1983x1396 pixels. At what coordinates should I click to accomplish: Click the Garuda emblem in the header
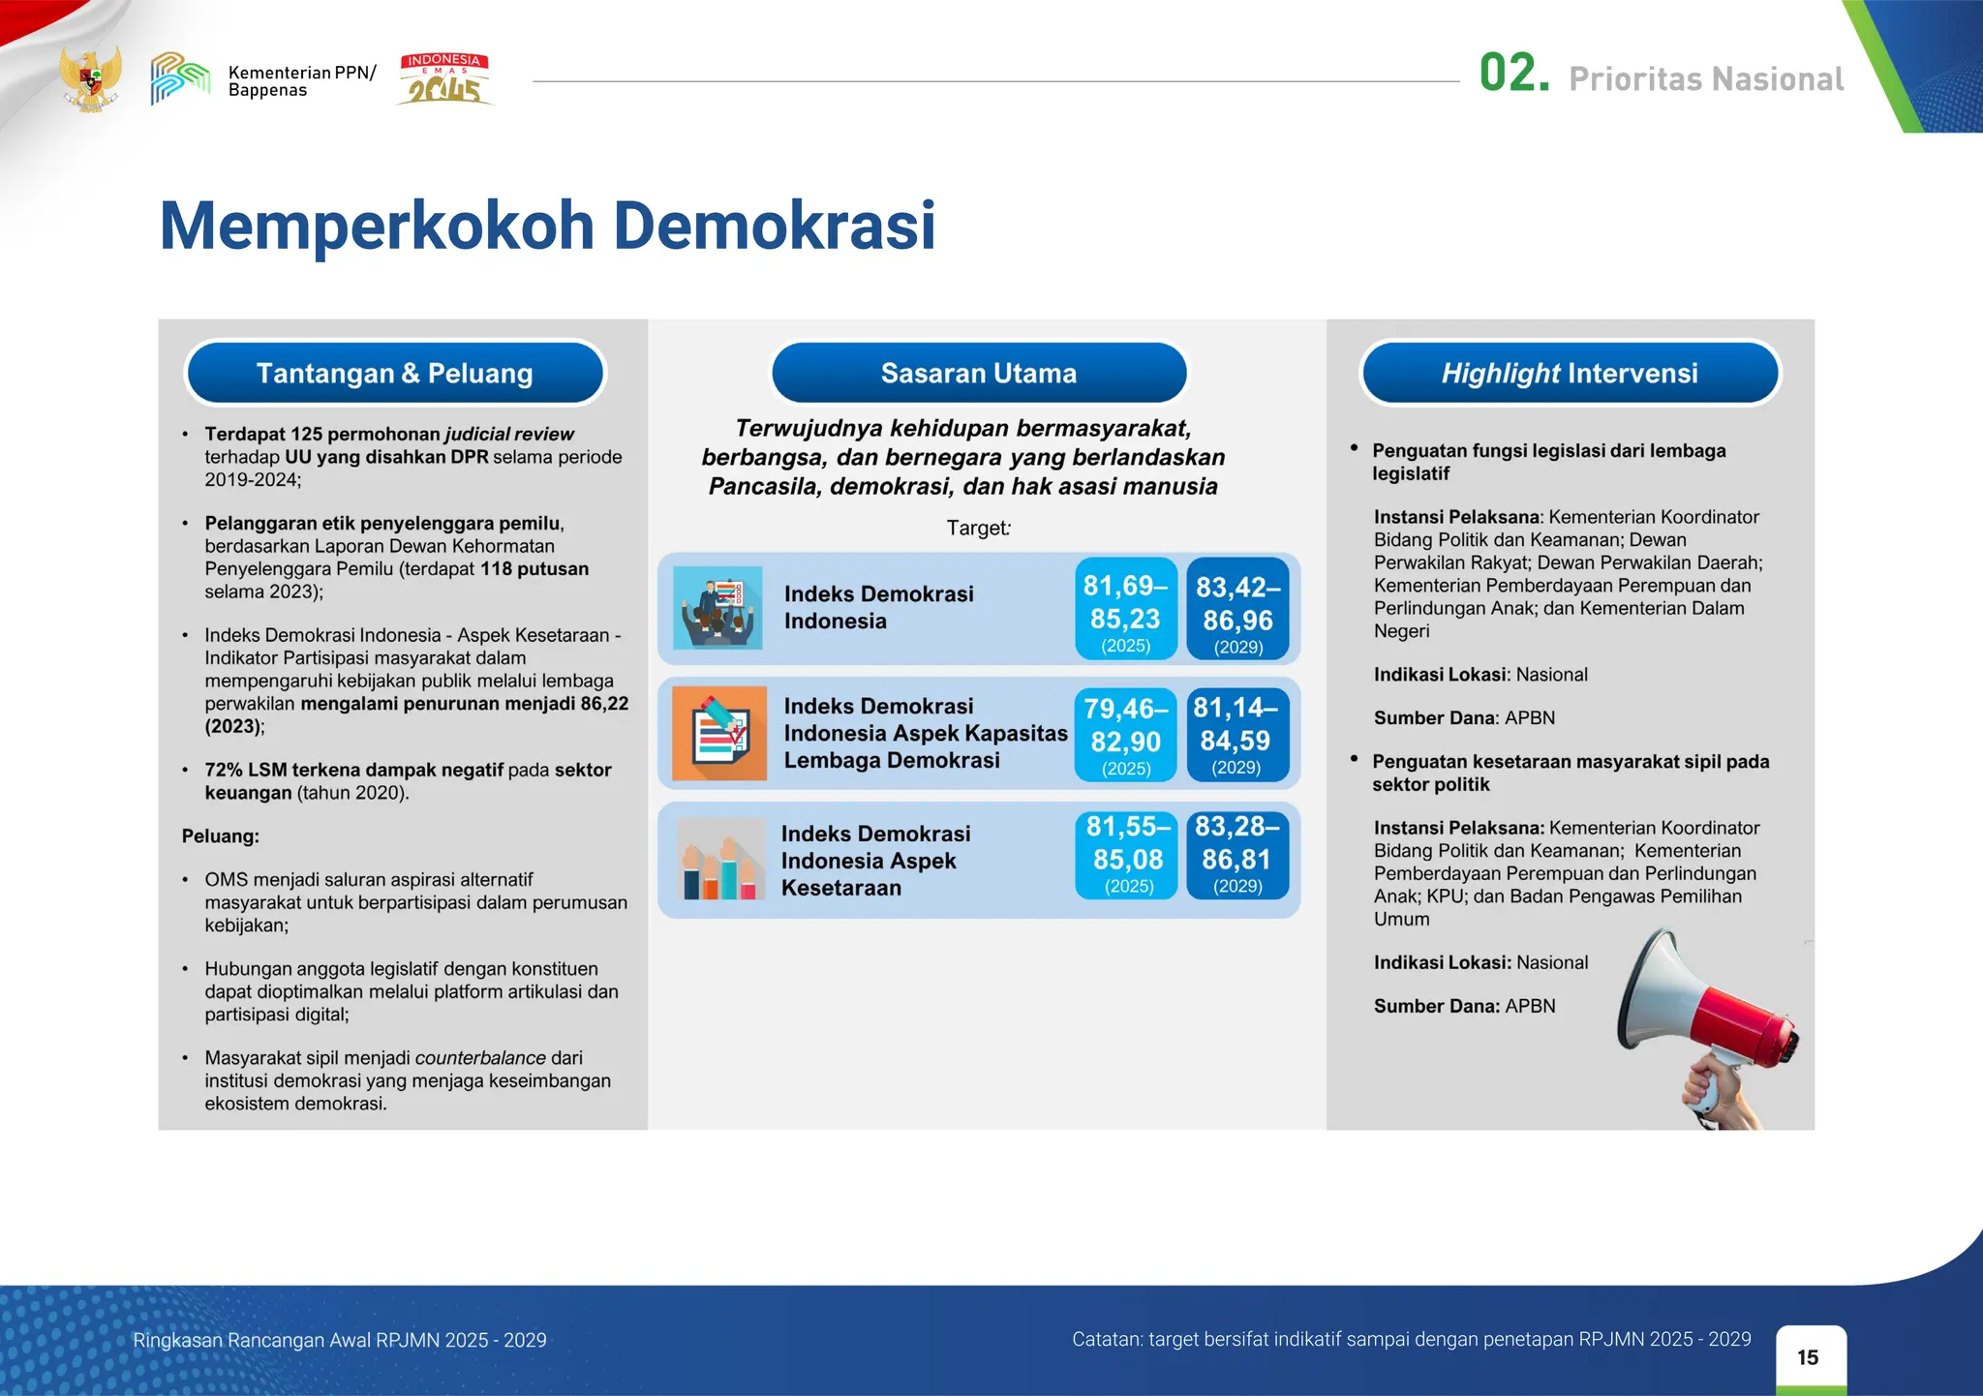tap(91, 79)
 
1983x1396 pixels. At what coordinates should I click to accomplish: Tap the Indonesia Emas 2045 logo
tap(444, 79)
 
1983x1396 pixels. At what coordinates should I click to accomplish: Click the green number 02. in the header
tap(1513, 75)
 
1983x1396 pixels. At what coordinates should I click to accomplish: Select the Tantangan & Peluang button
tap(395, 373)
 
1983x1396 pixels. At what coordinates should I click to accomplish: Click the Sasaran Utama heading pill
tap(979, 373)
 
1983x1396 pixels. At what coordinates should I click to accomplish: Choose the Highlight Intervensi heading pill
tap(1570, 373)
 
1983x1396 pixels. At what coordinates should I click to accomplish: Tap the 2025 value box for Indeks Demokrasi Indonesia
tap(1126, 609)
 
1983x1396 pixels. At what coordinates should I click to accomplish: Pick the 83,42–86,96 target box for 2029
tap(1237, 609)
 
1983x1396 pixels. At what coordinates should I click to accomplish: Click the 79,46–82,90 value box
tap(1126, 735)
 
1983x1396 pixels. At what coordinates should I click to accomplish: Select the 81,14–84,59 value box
tap(1236, 735)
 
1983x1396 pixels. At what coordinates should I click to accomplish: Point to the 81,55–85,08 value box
tap(1127, 856)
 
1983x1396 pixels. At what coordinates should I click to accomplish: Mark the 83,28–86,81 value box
tap(1237, 856)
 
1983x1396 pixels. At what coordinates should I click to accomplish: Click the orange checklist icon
tap(719, 734)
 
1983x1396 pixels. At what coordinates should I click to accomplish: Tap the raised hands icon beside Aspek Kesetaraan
tap(719, 860)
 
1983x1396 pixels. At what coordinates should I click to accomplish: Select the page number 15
tap(1808, 1357)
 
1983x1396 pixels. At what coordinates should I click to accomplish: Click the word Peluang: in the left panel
tap(221, 836)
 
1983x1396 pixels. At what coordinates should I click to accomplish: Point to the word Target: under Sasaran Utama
tap(978, 529)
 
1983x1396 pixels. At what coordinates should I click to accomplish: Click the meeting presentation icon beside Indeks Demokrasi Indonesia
tap(717, 608)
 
